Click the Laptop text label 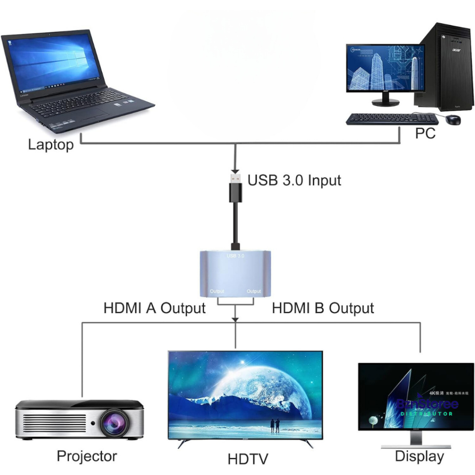click(51, 145)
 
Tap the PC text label click(425, 133)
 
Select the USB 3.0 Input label click(294, 180)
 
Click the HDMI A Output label click(154, 308)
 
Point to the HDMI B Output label click(323, 308)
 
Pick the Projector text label click(87, 456)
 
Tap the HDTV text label click(248, 459)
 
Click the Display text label click(419, 456)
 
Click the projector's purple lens click(113, 423)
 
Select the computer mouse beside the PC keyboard click(453, 120)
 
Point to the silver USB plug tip click(236, 178)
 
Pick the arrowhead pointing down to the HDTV click(236, 320)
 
